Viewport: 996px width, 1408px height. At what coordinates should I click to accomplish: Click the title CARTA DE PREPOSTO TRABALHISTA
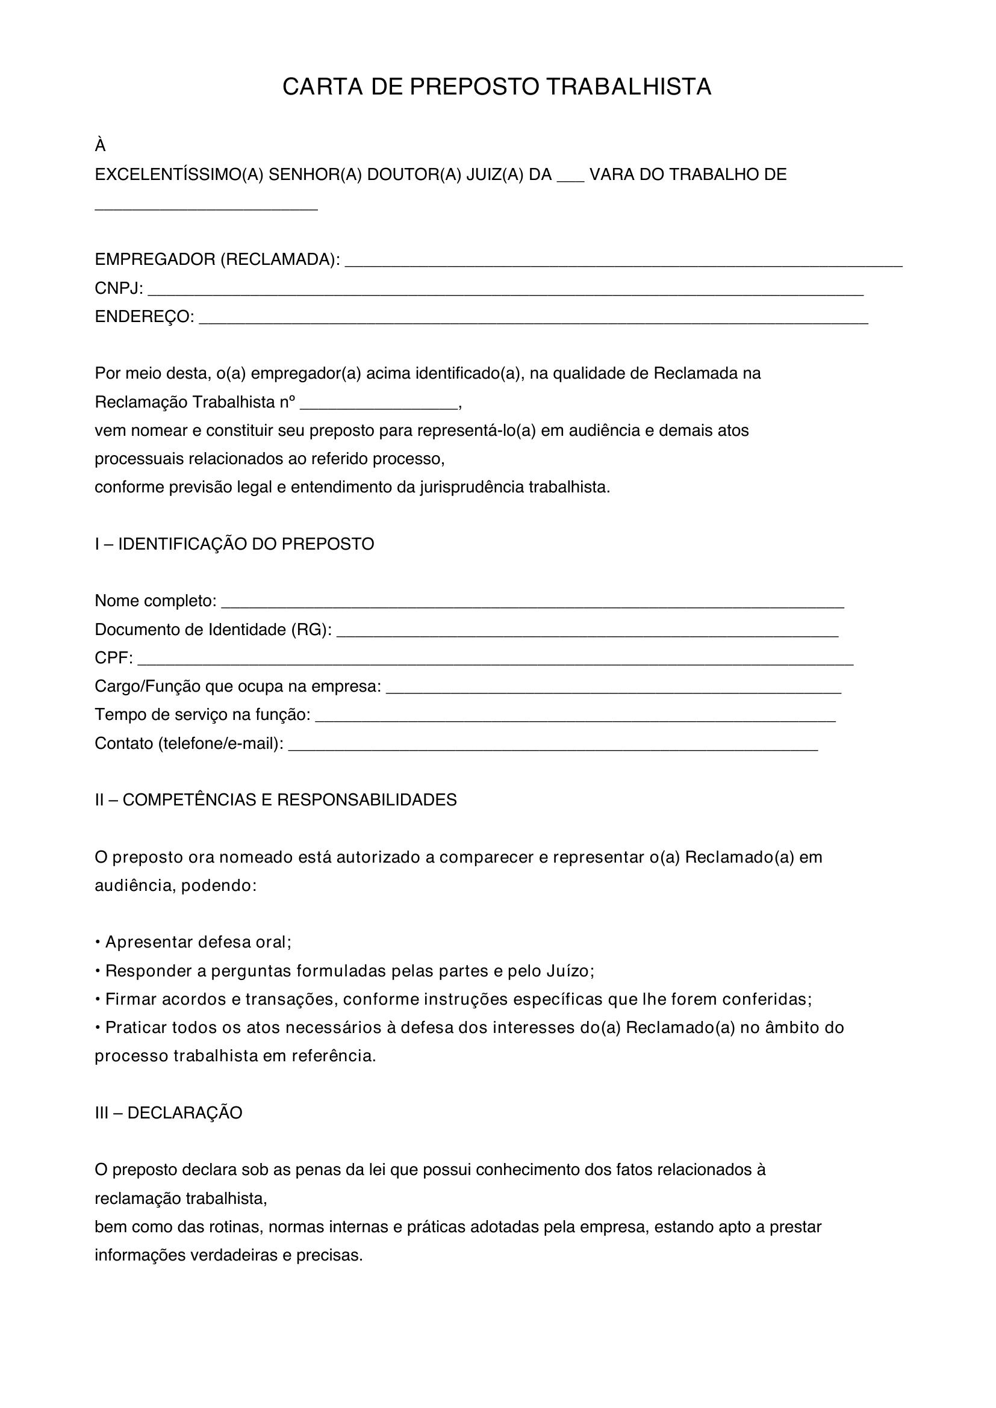click(x=497, y=87)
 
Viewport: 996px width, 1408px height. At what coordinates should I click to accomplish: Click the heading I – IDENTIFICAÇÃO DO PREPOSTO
click(x=234, y=544)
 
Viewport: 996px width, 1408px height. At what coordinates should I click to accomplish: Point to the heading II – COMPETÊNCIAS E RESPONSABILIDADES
click(x=276, y=799)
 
